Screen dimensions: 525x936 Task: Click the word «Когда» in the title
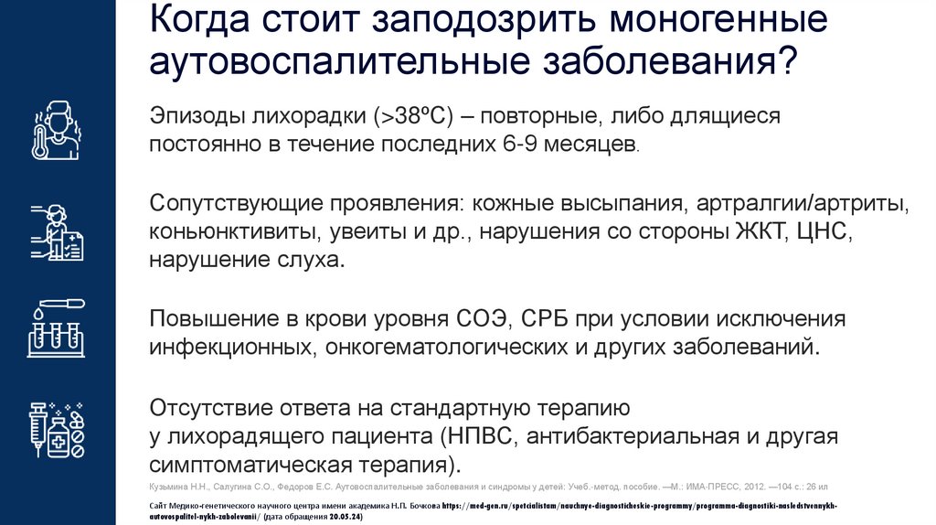pos(195,21)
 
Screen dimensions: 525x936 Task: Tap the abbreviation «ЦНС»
pos(824,230)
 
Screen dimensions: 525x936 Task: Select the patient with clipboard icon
pos(57,231)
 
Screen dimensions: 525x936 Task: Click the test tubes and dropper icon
pos(57,328)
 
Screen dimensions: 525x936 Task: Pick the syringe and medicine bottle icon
pos(57,428)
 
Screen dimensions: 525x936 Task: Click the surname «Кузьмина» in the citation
pos(171,487)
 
